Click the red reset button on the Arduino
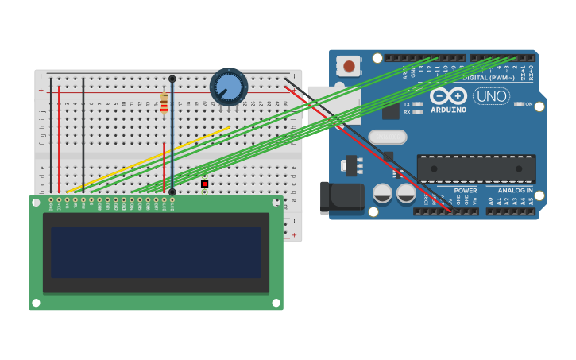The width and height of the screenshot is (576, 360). coord(349,66)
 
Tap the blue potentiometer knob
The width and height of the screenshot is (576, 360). coord(229,86)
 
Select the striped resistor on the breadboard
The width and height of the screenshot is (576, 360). coord(164,104)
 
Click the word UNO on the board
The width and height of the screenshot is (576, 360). coord(491,96)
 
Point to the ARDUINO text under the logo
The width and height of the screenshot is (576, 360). coord(448,110)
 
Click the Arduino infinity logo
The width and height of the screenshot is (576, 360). coord(448,95)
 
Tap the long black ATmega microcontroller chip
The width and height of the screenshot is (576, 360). coord(476,168)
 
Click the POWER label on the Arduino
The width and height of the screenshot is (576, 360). coord(466,191)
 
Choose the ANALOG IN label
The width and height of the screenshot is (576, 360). coord(516,191)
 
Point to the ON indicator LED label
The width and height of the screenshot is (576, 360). coord(528,104)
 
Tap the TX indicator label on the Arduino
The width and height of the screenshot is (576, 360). coord(408,104)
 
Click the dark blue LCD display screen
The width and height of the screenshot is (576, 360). coord(156,252)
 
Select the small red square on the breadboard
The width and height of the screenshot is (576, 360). coord(204,184)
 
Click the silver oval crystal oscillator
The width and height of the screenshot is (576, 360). coord(388,137)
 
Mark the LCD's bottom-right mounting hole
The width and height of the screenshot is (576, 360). coord(275,303)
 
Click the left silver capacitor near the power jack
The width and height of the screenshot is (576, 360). coord(382,193)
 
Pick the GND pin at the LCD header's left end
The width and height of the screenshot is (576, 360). coord(51,200)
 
